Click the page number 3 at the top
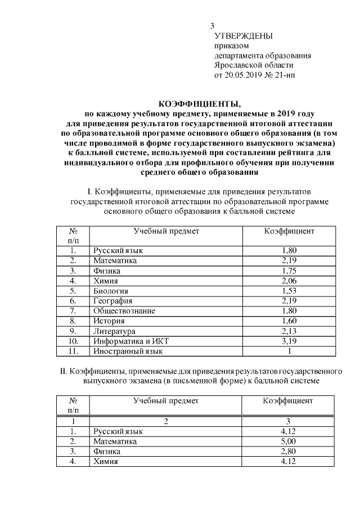pyautogui.click(x=212, y=26)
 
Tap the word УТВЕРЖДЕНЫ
pyautogui.click(x=244, y=36)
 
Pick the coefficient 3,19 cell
pyautogui.click(x=289, y=341)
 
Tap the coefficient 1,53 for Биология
pyautogui.click(x=289, y=291)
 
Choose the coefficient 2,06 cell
pyautogui.click(x=289, y=281)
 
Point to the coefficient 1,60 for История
pyautogui.click(x=289, y=321)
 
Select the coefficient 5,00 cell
pyautogui.click(x=289, y=441)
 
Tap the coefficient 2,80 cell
pyautogui.click(x=289, y=451)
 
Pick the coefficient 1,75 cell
pyautogui.click(x=289, y=271)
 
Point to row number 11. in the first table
pyautogui.click(x=73, y=351)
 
